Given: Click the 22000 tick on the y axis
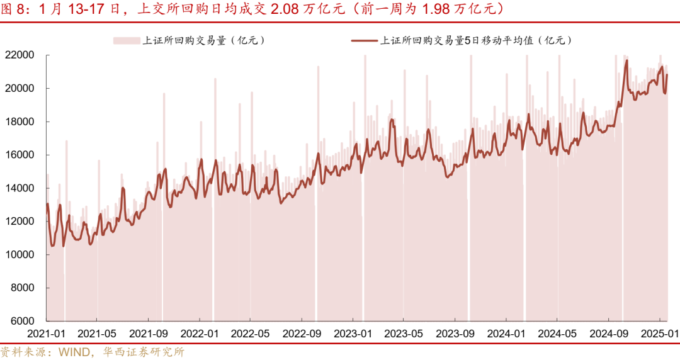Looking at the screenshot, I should click(x=20, y=55).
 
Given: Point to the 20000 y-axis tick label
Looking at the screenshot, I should click(x=20, y=88).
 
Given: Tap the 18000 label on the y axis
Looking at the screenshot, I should click(x=20, y=121).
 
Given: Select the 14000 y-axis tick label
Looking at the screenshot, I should click(x=20, y=188).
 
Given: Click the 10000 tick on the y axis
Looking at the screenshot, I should click(x=20, y=255).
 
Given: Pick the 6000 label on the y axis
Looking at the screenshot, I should click(x=22, y=321).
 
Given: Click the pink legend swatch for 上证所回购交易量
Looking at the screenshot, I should click(x=127, y=40).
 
